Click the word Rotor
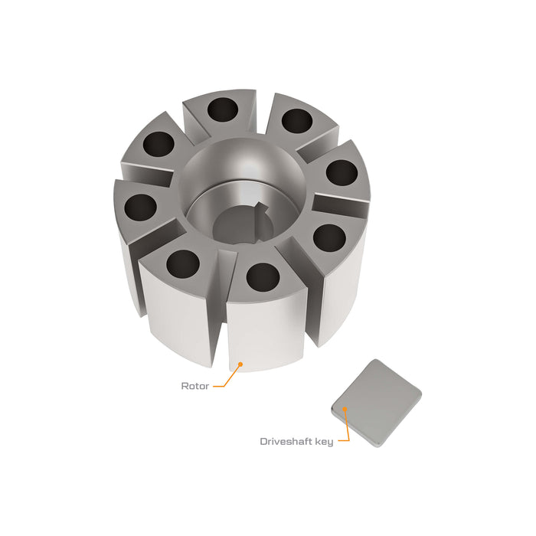pos(194,386)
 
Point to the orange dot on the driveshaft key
pos(345,410)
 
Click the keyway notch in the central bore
pos(263,208)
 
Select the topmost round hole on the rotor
pos(224,109)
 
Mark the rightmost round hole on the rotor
pos(342,172)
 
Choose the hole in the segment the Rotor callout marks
pos(263,276)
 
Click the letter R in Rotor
pos(184,386)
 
